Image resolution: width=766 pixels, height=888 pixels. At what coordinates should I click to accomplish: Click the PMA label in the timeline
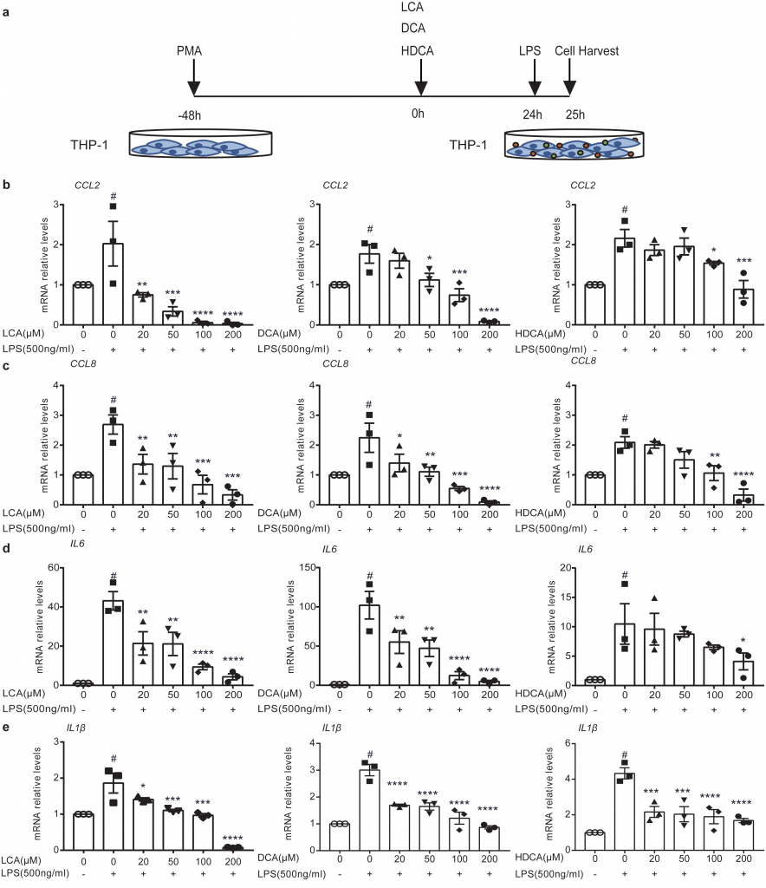click(x=189, y=51)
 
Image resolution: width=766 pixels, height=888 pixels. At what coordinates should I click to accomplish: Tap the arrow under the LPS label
click(x=535, y=82)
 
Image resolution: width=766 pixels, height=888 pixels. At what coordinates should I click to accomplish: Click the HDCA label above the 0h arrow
click(x=419, y=51)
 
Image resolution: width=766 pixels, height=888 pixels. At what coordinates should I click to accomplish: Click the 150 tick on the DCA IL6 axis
click(x=303, y=567)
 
